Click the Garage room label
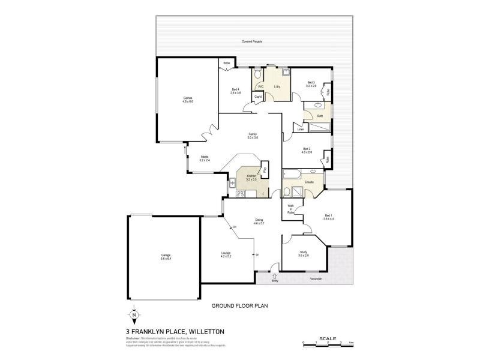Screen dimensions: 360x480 point(166,257)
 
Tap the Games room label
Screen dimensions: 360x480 point(188,100)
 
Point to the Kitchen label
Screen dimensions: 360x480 point(251,177)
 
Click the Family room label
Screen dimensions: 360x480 point(253,136)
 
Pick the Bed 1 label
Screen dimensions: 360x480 point(328,217)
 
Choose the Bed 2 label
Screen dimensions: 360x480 point(307,151)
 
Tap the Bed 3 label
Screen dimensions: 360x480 point(311,84)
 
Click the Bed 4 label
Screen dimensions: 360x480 point(235,91)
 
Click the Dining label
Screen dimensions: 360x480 point(259,221)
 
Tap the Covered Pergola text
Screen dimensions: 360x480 point(252,41)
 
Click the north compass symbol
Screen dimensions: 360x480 point(134,314)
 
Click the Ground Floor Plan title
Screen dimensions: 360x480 point(238,305)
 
